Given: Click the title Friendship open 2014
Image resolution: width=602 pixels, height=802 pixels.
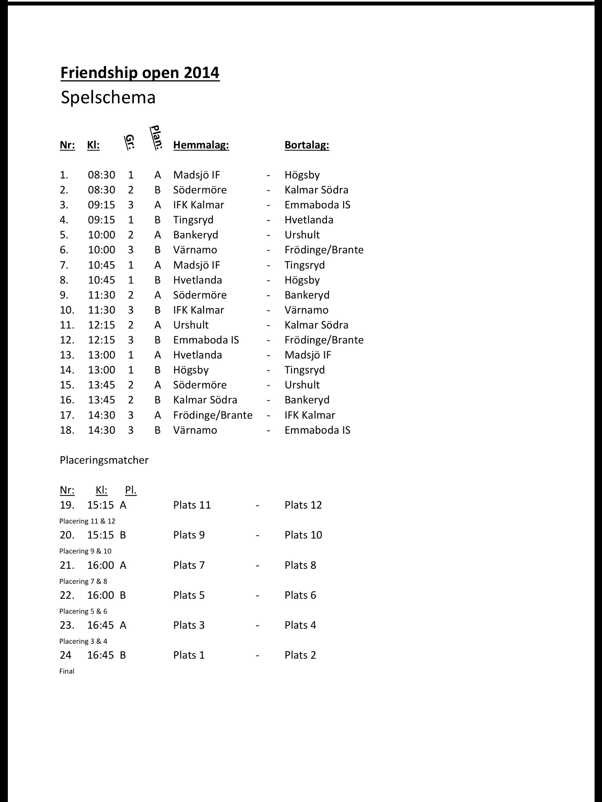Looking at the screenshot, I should [x=140, y=73].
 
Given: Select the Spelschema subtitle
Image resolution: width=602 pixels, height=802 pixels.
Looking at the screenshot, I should [x=108, y=98].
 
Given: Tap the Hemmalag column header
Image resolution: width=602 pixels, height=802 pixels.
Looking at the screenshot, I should [x=201, y=145].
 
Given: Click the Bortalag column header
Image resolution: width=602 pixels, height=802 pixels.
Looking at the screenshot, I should [x=307, y=145].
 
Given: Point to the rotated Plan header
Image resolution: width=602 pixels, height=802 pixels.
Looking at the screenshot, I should [x=157, y=137].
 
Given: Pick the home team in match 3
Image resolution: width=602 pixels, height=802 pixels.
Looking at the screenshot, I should [x=199, y=205].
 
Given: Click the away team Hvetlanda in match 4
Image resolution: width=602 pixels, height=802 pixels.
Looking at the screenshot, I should [x=309, y=220].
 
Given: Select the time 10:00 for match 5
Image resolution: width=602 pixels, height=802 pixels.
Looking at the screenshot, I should [x=102, y=235].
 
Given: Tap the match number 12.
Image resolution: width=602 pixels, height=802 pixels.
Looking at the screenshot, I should [x=67, y=340].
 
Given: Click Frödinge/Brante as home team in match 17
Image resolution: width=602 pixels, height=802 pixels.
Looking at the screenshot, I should [x=213, y=415].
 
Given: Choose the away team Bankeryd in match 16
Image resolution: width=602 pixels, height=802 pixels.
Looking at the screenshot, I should [x=307, y=400].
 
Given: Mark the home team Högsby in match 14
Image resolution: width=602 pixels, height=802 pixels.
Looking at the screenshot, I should [x=191, y=370].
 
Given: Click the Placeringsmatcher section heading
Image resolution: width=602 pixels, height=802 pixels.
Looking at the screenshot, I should [x=104, y=460].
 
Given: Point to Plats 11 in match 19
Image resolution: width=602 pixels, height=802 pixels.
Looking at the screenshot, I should [x=192, y=505].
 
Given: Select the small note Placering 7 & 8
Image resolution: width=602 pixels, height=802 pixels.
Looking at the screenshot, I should [x=83, y=582].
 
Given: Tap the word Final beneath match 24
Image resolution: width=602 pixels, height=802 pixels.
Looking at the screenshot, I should [x=67, y=671].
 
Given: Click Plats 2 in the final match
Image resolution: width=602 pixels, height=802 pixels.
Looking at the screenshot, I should [x=300, y=655].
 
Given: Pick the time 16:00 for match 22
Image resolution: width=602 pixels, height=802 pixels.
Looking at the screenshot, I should [x=101, y=595].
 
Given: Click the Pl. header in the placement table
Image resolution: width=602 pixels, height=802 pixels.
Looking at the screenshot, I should [x=131, y=490].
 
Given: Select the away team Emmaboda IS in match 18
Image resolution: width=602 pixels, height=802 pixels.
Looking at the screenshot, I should [x=317, y=430].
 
